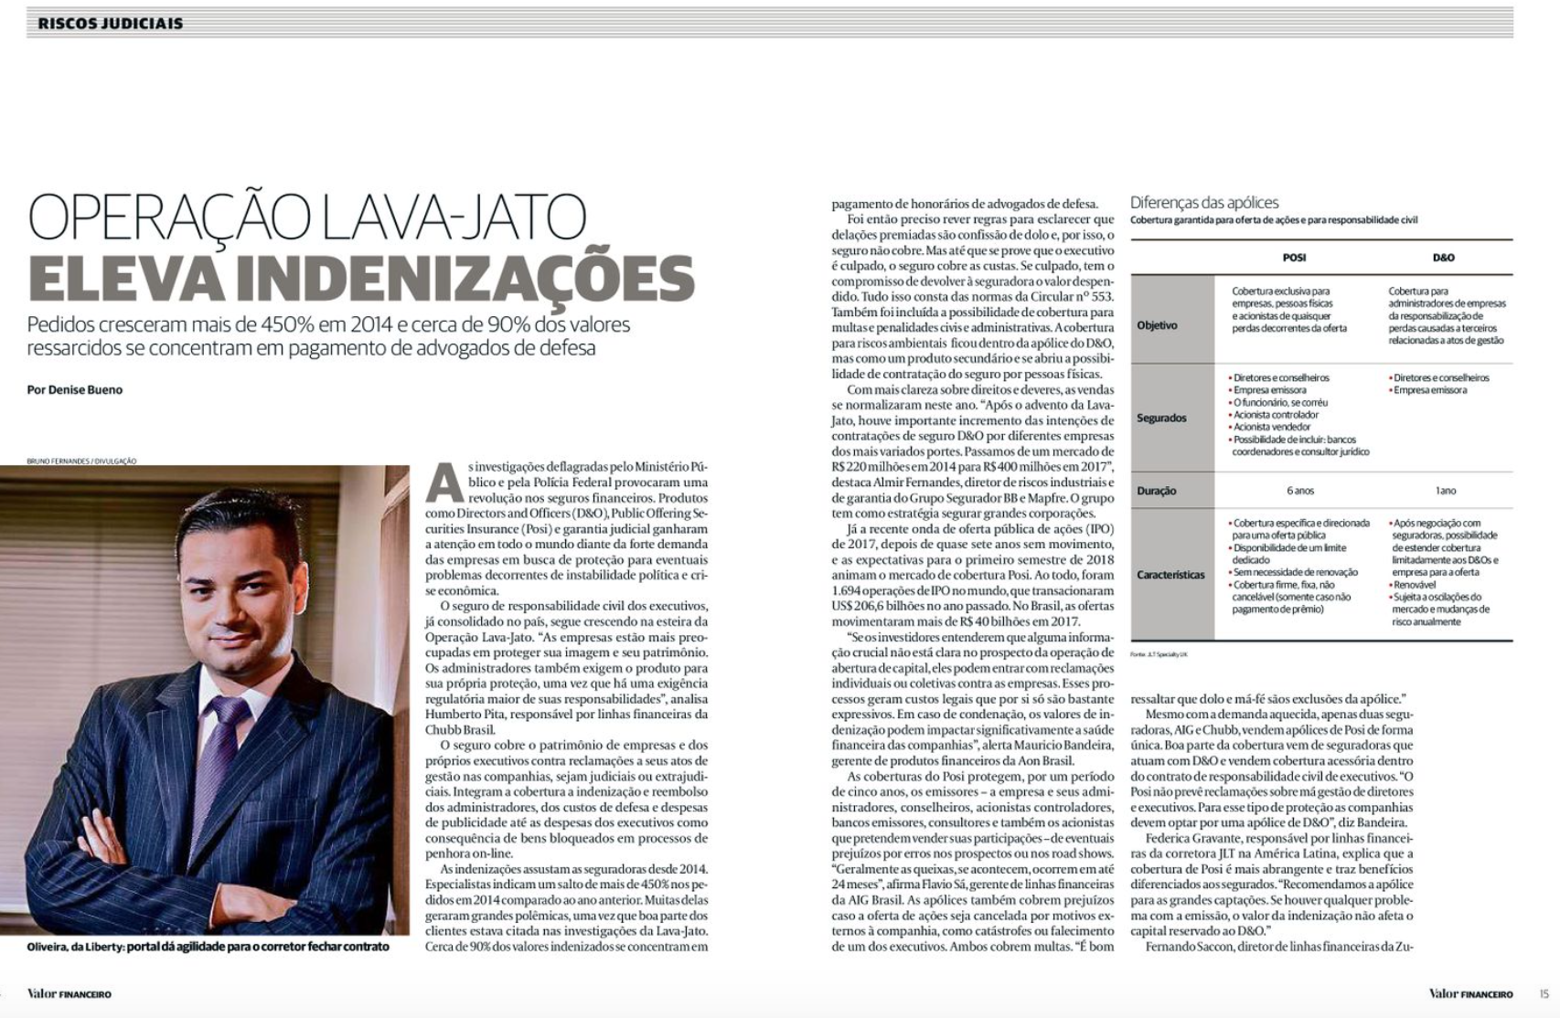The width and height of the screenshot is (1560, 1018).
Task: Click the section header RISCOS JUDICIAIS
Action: [110, 23]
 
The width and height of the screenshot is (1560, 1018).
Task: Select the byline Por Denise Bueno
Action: [75, 389]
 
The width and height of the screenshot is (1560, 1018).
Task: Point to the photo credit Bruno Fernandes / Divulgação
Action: [81, 461]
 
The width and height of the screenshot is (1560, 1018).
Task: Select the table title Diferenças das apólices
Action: [1204, 202]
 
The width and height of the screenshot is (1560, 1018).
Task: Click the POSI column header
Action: [1294, 258]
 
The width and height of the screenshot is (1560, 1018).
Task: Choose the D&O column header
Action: [1443, 258]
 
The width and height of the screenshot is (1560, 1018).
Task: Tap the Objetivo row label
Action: [1157, 325]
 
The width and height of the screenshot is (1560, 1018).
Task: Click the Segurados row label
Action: [1161, 418]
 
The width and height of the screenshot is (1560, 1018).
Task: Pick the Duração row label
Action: [1157, 491]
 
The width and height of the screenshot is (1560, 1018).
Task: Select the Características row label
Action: [1170, 575]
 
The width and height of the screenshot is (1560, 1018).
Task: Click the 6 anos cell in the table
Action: [1299, 491]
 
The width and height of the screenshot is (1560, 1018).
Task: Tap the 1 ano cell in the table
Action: [1445, 491]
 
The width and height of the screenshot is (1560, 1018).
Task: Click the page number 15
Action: [1544, 993]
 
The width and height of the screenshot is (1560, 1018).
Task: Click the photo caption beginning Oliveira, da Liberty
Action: [208, 947]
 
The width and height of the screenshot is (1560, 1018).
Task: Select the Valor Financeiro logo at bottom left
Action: [69, 993]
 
